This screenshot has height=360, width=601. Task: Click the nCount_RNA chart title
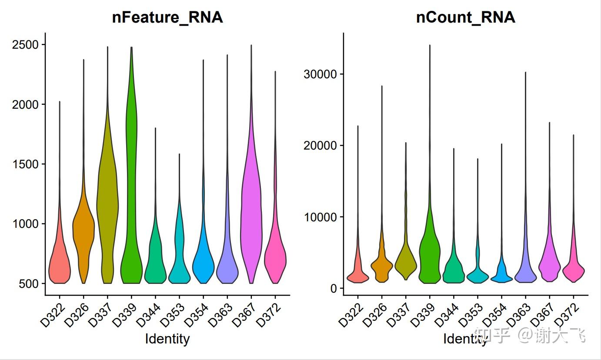click(x=465, y=17)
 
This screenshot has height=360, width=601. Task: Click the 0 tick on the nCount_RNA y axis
click(x=333, y=288)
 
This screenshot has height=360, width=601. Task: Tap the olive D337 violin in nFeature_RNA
click(x=107, y=196)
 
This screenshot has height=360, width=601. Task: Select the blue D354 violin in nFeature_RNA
click(x=203, y=265)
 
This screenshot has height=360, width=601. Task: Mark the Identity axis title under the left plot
click(x=167, y=339)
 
